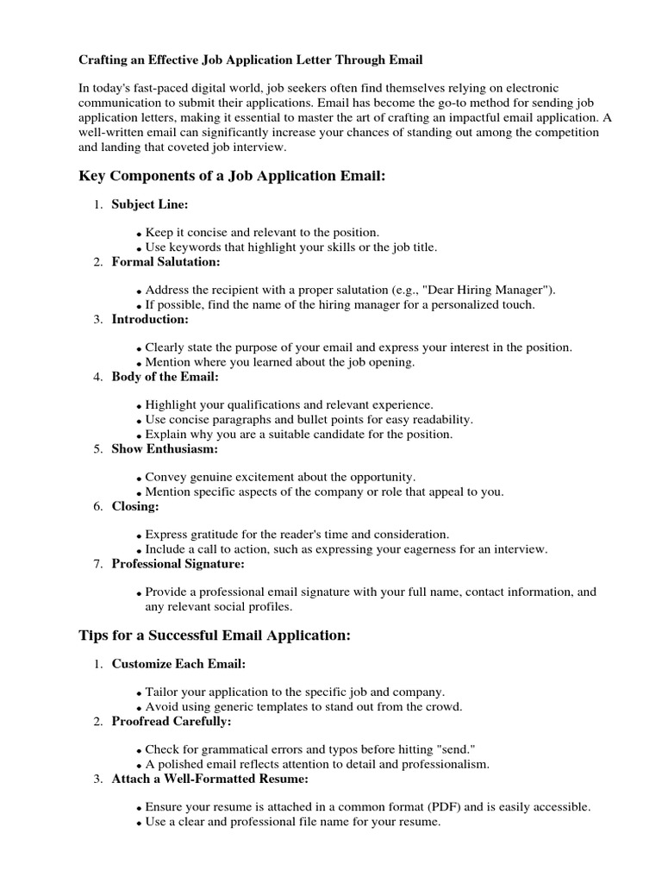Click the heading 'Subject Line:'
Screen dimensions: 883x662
point(149,204)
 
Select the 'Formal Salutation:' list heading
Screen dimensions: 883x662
point(165,261)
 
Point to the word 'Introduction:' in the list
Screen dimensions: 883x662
point(150,319)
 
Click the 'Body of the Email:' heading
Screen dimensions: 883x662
point(165,377)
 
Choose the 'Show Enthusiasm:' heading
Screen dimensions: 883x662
point(165,448)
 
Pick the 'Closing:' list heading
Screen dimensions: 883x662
point(135,506)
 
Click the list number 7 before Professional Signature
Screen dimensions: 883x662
point(97,564)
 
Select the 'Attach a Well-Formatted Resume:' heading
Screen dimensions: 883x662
point(210,779)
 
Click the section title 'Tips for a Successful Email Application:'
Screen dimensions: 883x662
point(215,636)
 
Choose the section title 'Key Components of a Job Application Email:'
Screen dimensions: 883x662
point(232,176)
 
